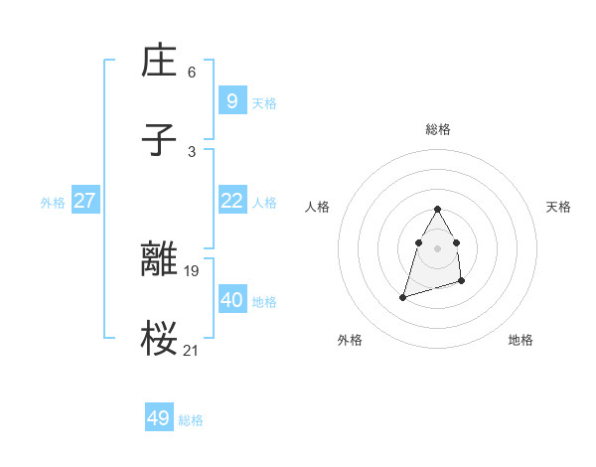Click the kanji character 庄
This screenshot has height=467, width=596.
160,63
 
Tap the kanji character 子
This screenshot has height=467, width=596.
160,140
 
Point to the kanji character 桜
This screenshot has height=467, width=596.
160,338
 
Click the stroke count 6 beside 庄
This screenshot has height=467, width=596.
192,73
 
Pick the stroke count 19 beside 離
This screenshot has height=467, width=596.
192,270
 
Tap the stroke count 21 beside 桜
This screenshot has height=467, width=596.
192,349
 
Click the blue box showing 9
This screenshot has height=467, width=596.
231,100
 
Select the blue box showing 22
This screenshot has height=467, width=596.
231,201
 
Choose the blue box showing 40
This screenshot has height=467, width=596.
231,299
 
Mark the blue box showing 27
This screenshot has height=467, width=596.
85,201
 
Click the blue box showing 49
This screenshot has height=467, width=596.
159,418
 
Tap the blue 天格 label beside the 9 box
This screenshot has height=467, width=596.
264,103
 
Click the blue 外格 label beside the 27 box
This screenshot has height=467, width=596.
53,203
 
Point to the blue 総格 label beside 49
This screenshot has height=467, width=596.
191,420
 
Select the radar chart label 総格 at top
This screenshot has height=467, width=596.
438,129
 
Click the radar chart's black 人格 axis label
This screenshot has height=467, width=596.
318,207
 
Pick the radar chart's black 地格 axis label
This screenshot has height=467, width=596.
521,340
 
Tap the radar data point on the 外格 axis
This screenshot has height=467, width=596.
403,296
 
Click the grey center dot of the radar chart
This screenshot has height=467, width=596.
438,247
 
